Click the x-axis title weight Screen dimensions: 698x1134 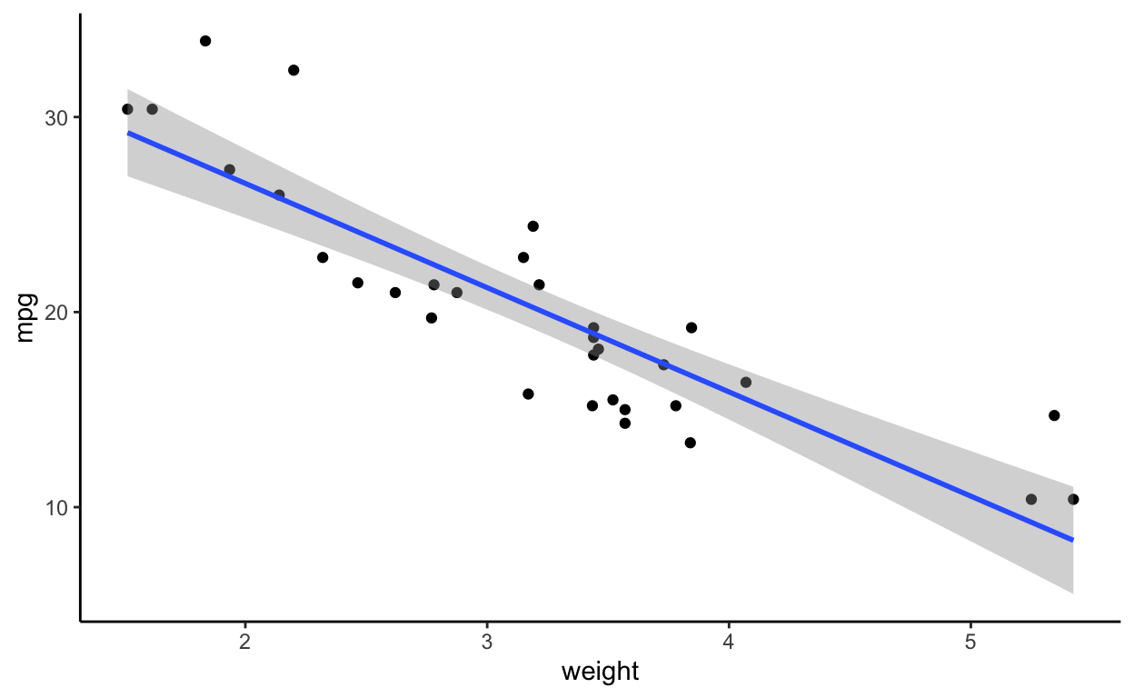600,673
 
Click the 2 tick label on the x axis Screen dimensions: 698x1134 245,643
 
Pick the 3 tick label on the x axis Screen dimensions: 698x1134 487,643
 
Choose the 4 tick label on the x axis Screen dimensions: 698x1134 729,643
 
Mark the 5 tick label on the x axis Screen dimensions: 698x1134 970,643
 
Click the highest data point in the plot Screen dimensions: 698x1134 205,41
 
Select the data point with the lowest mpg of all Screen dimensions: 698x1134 1031,499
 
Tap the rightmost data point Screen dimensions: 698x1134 1073,499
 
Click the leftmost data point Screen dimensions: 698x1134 127,109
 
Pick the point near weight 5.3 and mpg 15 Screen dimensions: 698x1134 1054,415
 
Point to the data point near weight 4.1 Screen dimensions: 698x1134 746,383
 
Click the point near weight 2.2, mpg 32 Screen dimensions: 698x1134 293,70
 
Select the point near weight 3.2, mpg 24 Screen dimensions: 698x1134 533,226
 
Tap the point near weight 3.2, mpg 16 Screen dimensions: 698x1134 528,394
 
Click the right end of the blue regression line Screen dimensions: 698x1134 1073,540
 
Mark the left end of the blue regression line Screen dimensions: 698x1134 128,133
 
